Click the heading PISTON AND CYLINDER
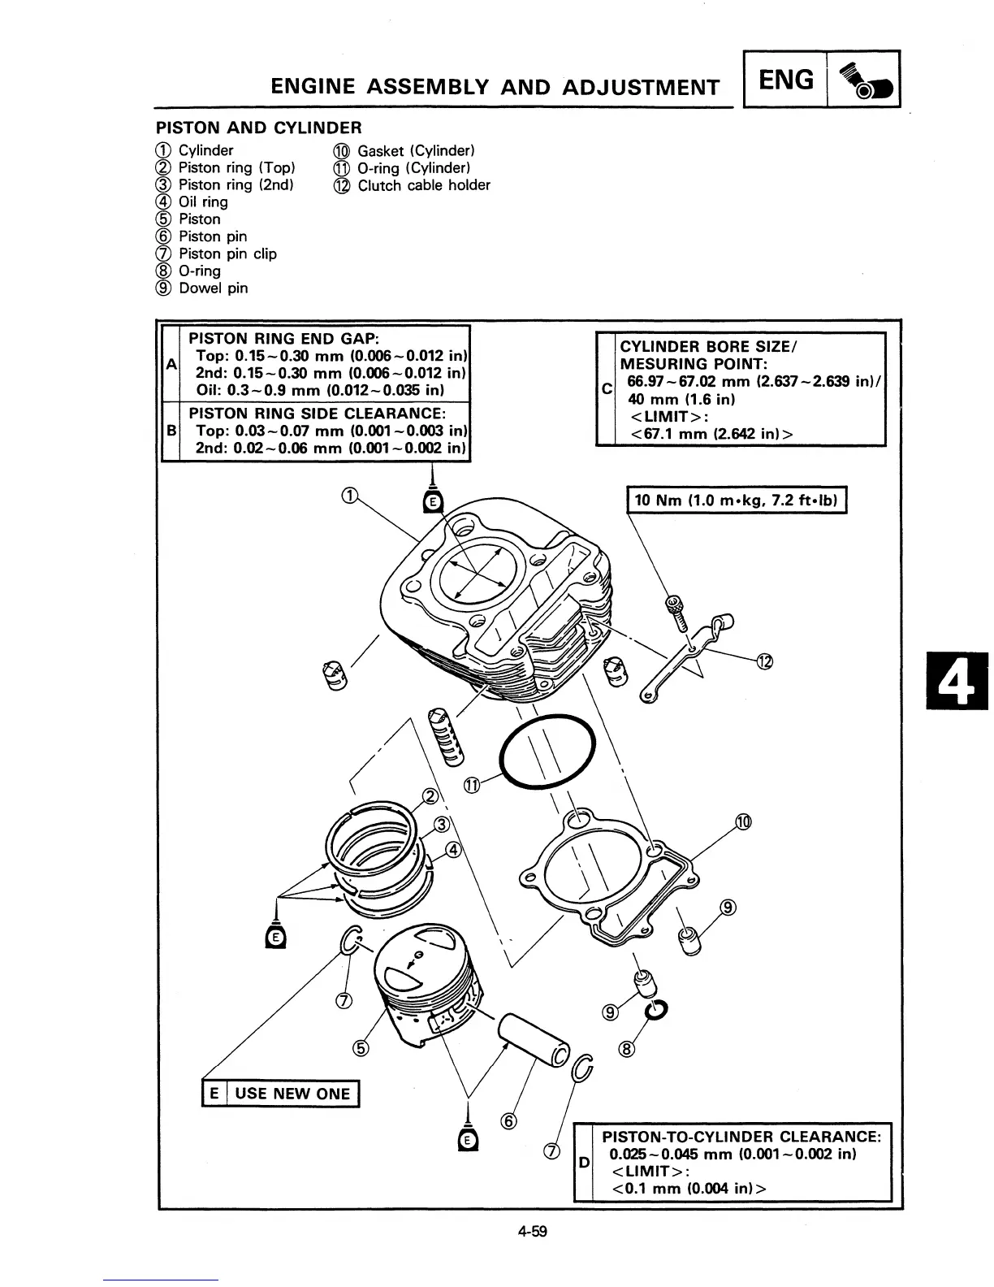[258, 128]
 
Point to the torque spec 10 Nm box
[737, 500]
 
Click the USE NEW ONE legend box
[281, 1093]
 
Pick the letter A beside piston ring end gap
[171, 364]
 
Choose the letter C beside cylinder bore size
[607, 389]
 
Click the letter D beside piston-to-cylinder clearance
[584, 1163]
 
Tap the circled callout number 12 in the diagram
[763, 661]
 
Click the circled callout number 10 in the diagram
[743, 821]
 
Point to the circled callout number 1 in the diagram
[348, 496]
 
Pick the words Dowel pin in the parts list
[214, 288]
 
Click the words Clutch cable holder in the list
[424, 185]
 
